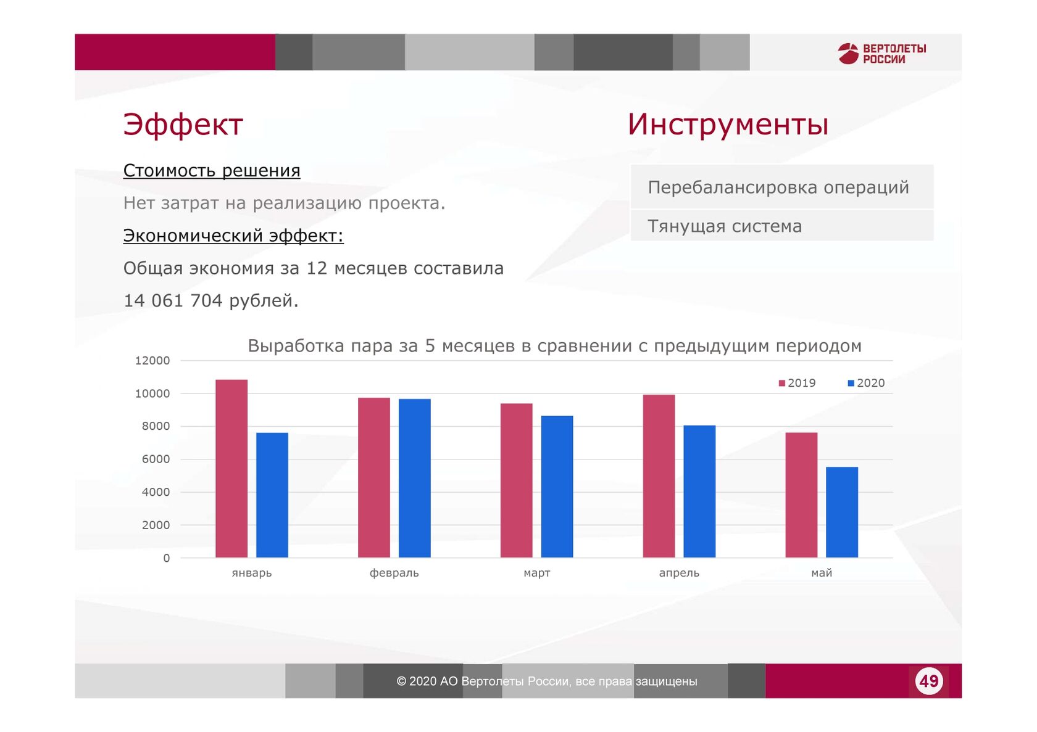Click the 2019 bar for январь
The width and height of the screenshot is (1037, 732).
231,469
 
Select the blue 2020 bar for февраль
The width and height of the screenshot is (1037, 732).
415,478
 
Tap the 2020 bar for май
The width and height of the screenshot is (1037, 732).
842,512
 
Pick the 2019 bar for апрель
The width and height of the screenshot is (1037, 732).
659,476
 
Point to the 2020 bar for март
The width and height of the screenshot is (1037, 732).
557,487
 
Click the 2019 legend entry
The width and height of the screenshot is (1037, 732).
798,383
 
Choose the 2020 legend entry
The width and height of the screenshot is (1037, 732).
866,383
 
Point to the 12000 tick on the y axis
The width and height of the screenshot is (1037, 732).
152,361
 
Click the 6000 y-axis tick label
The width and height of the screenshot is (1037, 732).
156,459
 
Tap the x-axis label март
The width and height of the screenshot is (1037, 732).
537,574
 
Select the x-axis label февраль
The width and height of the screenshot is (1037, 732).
394,573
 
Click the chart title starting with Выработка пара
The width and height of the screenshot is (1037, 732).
554,346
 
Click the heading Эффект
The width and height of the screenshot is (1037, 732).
183,124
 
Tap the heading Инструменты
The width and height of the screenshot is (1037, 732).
728,124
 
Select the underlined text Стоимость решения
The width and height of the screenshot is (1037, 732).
212,171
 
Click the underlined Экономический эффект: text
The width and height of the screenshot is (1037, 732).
233,236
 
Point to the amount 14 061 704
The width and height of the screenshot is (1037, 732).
173,300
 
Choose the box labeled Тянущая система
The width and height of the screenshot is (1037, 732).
782,226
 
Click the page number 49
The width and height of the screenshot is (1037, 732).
928,681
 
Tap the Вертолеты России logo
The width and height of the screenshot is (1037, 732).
882,54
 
